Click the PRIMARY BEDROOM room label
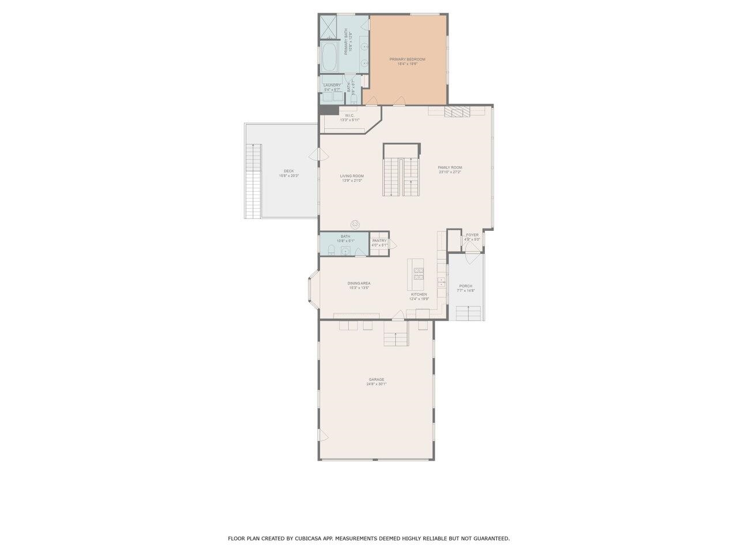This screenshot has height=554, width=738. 407,59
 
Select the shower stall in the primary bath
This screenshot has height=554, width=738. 330,27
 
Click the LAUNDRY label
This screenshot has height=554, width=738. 332,85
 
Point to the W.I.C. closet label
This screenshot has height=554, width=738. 349,115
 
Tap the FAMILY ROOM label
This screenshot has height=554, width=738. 450,168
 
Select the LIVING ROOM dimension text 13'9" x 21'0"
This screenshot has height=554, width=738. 352,181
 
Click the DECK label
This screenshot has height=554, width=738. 289,171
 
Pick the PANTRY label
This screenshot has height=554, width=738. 379,241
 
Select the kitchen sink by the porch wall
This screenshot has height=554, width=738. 442,282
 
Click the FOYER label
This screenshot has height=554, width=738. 472,235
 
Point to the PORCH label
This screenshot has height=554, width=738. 466,286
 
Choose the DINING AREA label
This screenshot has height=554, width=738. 359,283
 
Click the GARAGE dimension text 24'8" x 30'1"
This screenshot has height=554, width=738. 376,384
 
